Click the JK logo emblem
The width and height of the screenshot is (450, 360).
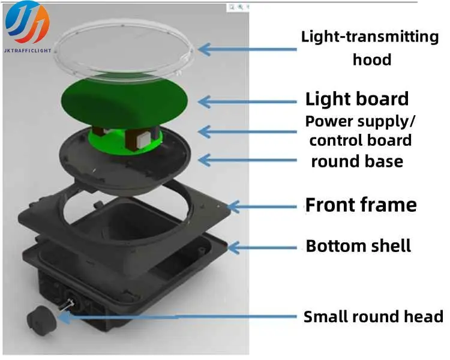click(27, 22)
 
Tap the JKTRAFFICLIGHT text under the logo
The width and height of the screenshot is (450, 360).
click(28, 50)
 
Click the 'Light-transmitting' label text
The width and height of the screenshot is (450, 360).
click(370, 38)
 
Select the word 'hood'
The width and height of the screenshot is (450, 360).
click(372, 59)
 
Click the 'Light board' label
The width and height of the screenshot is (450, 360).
click(357, 99)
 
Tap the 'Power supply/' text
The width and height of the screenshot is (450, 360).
click(360, 122)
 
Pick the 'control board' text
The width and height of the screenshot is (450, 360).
click(361, 140)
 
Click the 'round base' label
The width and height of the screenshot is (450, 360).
click(358, 161)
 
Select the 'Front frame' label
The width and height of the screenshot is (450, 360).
click(361, 205)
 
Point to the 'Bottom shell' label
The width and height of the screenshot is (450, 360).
click(358, 246)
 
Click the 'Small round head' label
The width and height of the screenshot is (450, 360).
click(373, 317)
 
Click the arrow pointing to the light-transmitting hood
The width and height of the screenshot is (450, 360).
click(247, 49)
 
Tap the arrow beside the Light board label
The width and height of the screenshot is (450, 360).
click(247, 101)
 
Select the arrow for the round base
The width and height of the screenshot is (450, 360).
click(247, 160)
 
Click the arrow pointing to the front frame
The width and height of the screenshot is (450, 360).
click(262, 206)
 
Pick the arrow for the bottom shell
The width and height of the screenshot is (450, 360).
click(262, 248)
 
